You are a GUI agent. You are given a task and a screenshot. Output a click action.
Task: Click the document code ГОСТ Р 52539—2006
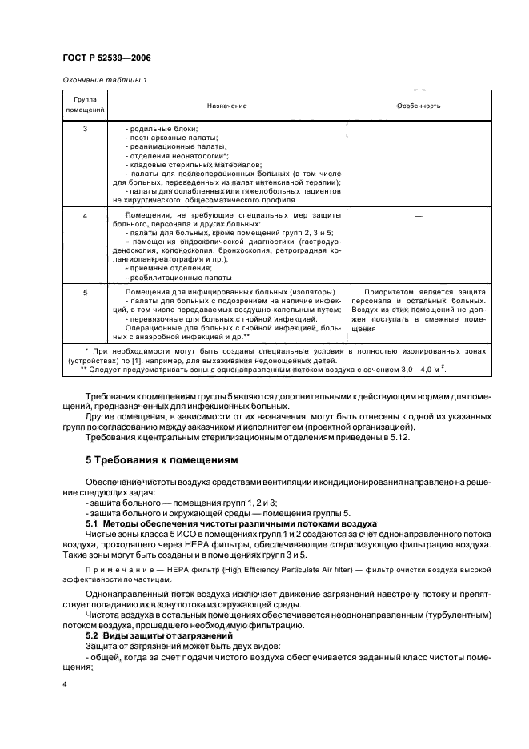coord(106,58)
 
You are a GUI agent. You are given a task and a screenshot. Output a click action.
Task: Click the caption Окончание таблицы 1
coord(103,78)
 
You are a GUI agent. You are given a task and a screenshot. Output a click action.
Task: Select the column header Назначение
coord(226,106)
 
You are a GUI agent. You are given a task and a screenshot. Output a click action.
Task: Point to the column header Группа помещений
coord(78,105)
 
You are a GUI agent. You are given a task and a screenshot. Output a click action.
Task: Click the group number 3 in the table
coord(85,129)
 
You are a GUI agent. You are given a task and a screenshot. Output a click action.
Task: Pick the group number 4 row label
coord(85,216)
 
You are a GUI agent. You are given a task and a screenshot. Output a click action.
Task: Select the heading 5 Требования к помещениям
coord(164,460)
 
